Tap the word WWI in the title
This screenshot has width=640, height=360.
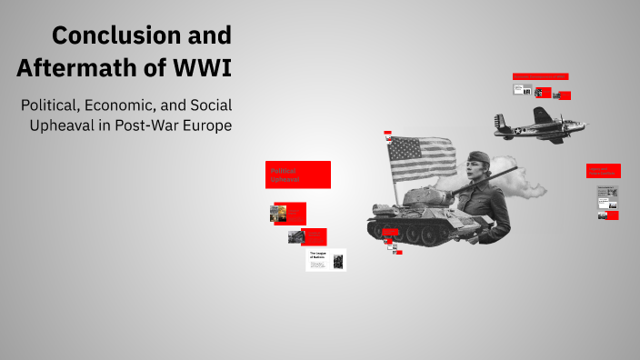click(x=202, y=67)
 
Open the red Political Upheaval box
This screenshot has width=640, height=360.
click(x=298, y=175)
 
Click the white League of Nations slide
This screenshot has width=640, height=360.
click(x=325, y=260)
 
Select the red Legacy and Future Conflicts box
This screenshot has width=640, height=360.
click(x=603, y=170)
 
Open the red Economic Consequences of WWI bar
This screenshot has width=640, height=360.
click(x=540, y=76)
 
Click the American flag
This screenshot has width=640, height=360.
click(x=422, y=157)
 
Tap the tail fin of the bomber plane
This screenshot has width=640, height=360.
click(x=500, y=120)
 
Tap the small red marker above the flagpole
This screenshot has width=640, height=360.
click(x=388, y=132)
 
